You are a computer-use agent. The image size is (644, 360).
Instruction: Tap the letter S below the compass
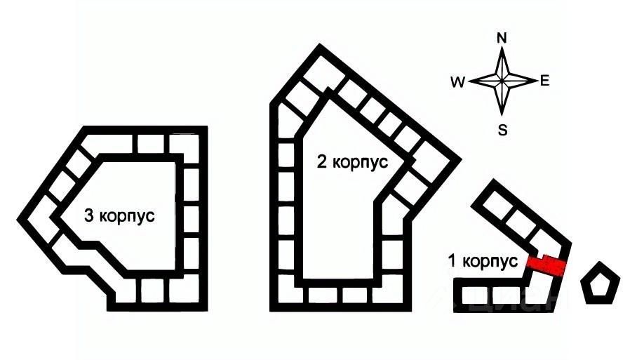(x=502, y=129)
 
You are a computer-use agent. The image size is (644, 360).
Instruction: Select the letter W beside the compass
(x=458, y=82)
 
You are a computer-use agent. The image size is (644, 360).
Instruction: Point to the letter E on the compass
(x=544, y=81)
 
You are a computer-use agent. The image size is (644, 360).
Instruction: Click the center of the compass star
(x=502, y=81)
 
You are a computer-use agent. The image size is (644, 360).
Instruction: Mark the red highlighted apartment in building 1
(x=547, y=265)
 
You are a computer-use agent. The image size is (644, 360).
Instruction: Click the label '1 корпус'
(x=483, y=261)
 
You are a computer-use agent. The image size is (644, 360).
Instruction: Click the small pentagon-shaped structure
(x=601, y=283)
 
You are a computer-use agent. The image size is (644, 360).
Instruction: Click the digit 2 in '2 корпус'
(x=321, y=163)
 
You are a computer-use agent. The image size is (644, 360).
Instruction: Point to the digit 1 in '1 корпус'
(x=452, y=261)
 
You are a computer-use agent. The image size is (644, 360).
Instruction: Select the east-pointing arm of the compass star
(x=523, y=81)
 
